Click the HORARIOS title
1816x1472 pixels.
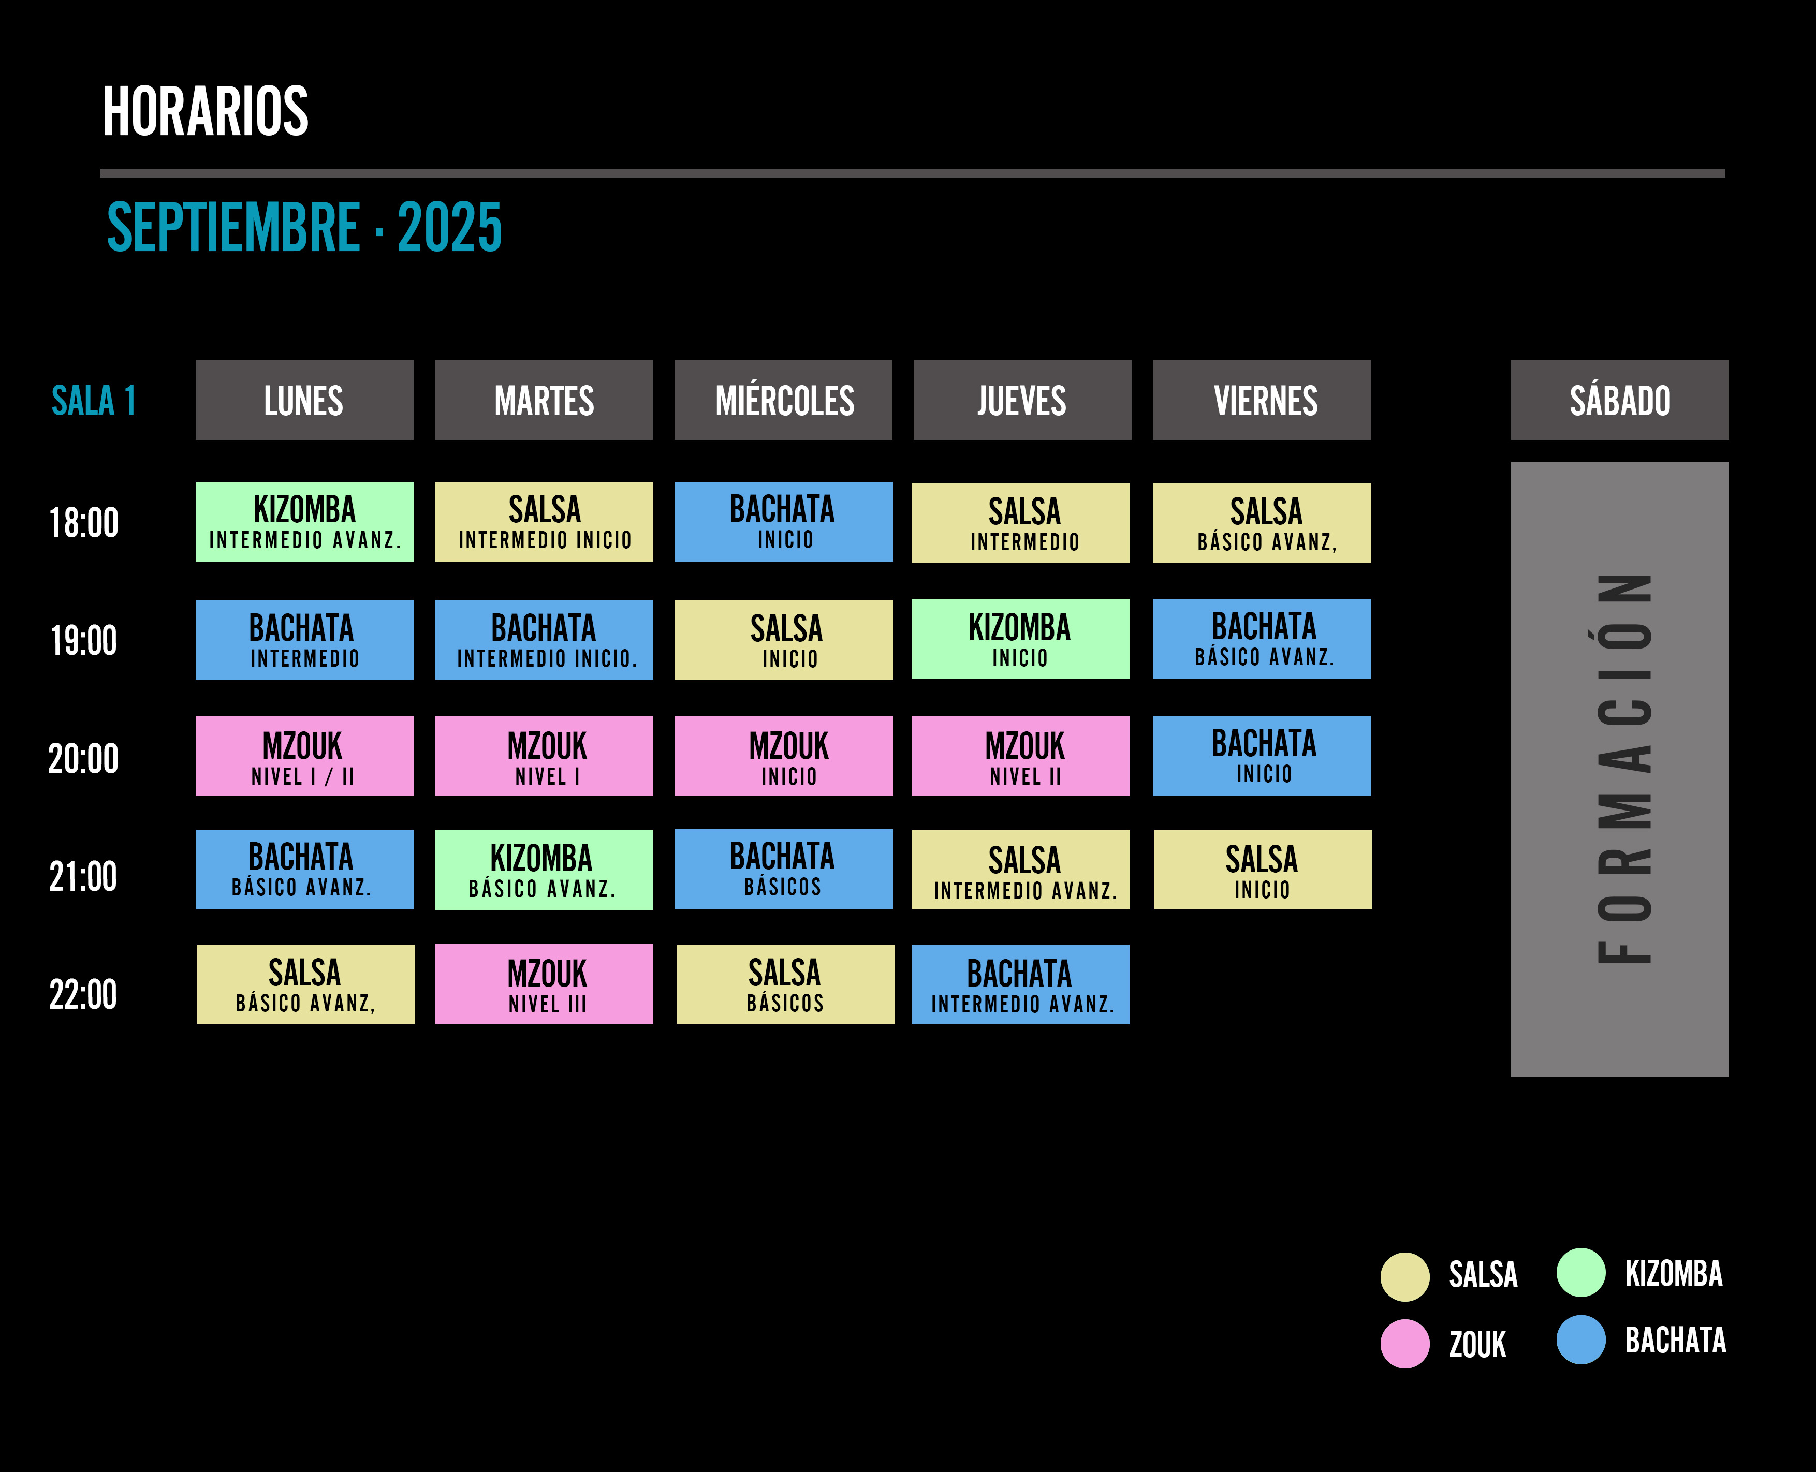click(x=206, y=111)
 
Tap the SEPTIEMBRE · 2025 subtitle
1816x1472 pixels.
click(x=304, y=227)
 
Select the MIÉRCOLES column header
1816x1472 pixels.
click(x=783, y=400)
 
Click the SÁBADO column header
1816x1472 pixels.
click(x=1619, y=400)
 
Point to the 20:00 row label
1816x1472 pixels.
click(x=83, y=758)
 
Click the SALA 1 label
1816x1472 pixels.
click(x=93, y=400)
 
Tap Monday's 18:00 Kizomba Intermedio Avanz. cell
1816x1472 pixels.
click(x=304, y=522)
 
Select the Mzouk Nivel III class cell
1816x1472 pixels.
click(x=544, y=983)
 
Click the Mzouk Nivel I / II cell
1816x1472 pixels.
click(x=304, y=756)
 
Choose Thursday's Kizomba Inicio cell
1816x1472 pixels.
click(x=1020, y=639)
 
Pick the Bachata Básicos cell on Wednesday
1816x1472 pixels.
click(x=784, y=869)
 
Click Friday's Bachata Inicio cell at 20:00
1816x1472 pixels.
click(x=1262, y=756)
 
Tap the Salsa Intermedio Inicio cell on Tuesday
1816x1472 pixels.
click(x=544, y=522)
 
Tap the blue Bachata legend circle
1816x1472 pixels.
click(x=1581, y=1339)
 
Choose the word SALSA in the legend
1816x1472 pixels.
click(x=1483, y=1274)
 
